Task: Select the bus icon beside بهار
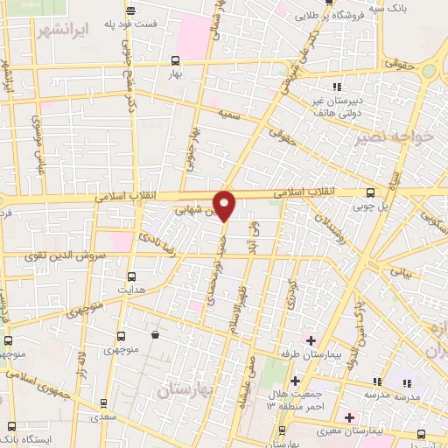tap(176, 60)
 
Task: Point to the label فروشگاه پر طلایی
tap(338, 16)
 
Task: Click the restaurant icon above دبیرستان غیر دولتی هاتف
tap(336, 86)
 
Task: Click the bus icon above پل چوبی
tap(371, 192)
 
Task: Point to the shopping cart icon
tap(155, 334)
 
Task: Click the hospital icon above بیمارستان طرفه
tap(310, 339)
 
